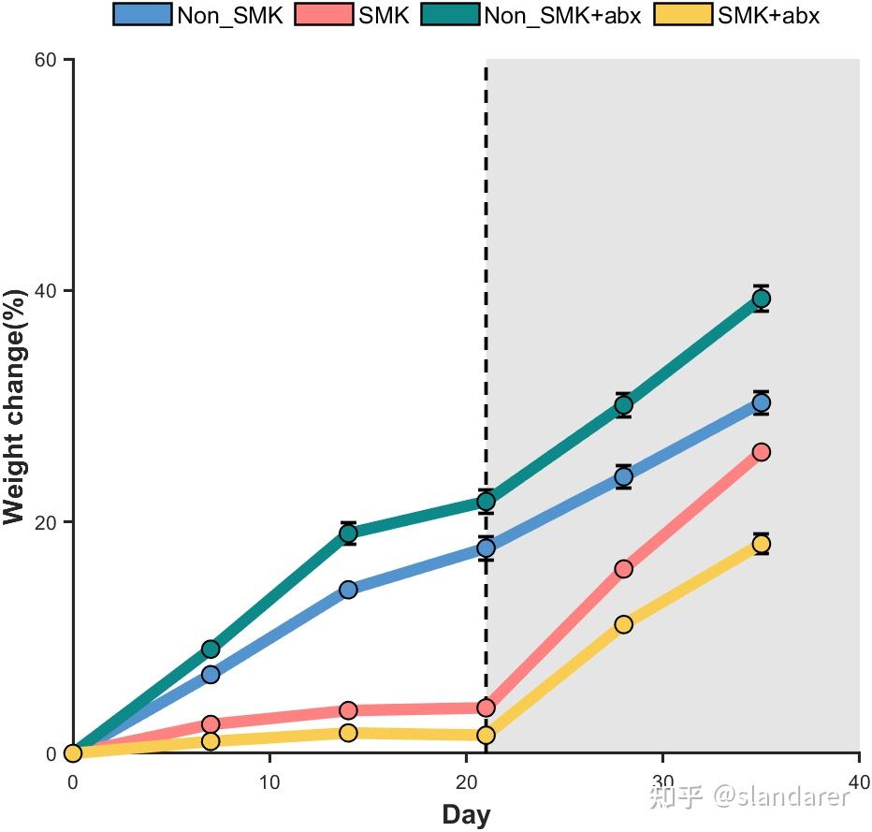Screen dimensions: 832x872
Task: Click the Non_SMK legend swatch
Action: point(142,14)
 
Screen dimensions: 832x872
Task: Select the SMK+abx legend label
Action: point(768,14)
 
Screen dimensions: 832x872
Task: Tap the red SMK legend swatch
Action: point(325,14)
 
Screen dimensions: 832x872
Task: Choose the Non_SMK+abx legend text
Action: point(562,14)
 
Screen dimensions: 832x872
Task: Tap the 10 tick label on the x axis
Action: point(269,781)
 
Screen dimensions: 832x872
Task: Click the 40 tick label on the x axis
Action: point(859,781)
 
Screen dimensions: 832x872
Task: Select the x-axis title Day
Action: point(466,814)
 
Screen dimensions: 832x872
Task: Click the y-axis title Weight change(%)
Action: point(14,407)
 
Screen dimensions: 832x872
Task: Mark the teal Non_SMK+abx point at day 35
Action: point(762,299)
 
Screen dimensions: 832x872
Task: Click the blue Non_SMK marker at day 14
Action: point(348,590)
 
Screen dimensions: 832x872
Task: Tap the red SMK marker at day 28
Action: point(623,569)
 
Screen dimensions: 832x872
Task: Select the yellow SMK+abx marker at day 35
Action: point(762,544)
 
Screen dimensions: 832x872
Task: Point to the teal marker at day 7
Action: point(211,649)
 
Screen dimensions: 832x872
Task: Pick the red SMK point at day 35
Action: point(762,452)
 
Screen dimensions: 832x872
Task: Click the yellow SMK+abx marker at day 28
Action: point(623,624)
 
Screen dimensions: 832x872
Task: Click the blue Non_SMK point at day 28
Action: point(623,477)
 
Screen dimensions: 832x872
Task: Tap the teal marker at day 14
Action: point(348,533)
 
